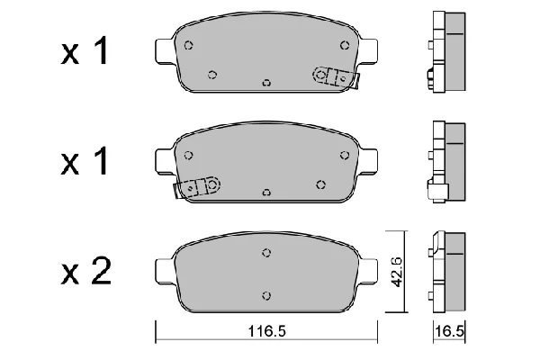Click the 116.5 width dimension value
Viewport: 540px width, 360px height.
pyautogui.click(x=267, y=331)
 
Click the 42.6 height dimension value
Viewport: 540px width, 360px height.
pyautogui.click(x=398, y=272)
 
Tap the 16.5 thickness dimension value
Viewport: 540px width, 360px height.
pyautogui.click(x=450, y=331)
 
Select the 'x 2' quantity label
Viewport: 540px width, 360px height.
pyautogui.click(x=86, y=272)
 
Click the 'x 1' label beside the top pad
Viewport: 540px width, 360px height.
pyautogui.click(x=85, y=51)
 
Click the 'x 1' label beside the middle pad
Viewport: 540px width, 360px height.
pyautogui.click(x=85, y=161)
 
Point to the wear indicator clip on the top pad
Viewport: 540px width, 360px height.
pyautogui.click(x=336, y=77)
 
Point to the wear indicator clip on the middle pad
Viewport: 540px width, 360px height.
pyautogui.click(x=197, y=187)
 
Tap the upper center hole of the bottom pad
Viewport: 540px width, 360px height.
pyautogui.click(x=266, y=253)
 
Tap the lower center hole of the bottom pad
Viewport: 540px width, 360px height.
pyautogui.click(x=266, y=295)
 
